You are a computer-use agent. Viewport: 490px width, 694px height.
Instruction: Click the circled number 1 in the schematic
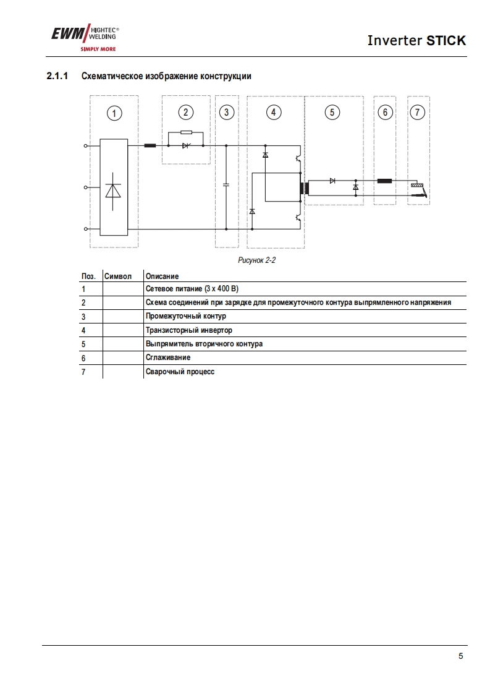114,113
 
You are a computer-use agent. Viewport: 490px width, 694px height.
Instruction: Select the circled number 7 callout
418,112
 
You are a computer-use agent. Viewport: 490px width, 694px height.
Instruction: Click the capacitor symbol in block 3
226,184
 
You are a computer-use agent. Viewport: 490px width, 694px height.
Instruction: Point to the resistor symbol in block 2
185,132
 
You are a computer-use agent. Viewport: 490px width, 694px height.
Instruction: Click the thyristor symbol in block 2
185,146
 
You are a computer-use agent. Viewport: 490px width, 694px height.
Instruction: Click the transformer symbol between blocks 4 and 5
303,189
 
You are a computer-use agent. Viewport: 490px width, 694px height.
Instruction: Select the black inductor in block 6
385,181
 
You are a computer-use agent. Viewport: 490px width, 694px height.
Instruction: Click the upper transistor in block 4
298,158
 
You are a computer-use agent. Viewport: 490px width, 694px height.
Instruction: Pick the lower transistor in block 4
298,217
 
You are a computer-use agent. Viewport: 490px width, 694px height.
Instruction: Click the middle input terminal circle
85,187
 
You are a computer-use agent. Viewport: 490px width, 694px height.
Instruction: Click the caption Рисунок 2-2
256,260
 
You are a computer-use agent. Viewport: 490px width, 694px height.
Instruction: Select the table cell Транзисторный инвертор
189,330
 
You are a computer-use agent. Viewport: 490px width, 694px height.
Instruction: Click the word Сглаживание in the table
168,358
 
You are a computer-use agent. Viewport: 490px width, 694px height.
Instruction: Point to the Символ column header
118,276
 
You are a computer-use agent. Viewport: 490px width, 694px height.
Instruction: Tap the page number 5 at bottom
460,656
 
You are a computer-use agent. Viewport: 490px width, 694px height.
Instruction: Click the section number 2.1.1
57,76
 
